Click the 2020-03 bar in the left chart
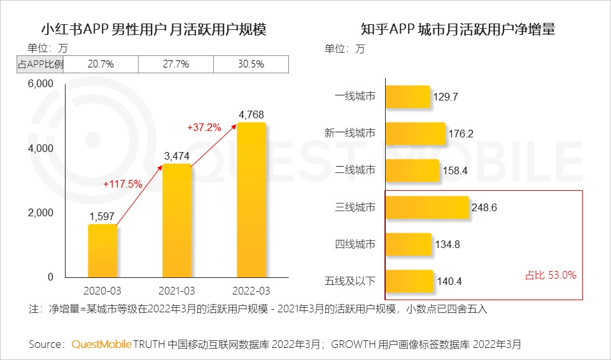tap(102, 251)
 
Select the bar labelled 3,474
tap(176, 221)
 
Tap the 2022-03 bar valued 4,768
tap(251, 200)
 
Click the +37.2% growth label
tap(204, 127)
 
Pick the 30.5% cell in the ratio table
tap(251, 64)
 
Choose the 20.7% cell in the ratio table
tap(101, 64)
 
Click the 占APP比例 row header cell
tap(40, 64)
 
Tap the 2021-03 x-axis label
tap(176, 290)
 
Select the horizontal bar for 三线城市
tap(427, 207)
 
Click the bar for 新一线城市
tap(416, 133)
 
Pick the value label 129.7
tap(446, 97)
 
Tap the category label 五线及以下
tap(350, 280)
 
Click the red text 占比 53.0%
tap(551, 275)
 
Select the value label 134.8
tap(449, 244)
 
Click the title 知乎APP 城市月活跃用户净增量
tap(458, 29)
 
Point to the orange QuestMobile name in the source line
tap(101, 344)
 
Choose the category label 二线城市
tap(355, 170)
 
